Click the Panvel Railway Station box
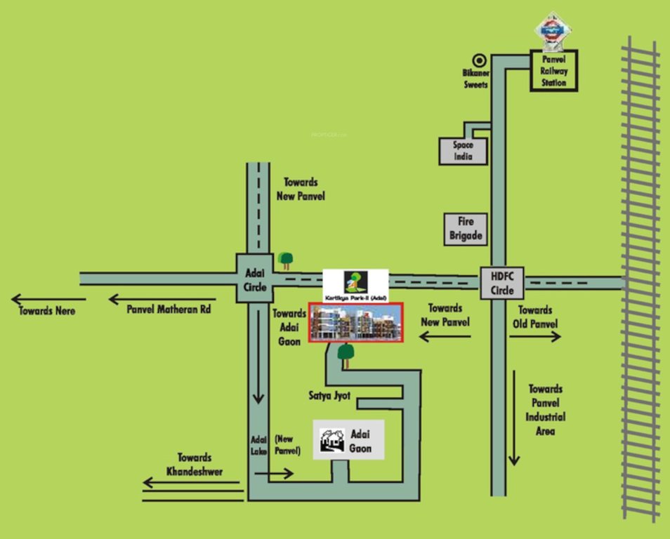click(553, 71)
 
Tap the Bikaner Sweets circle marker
click(480, 61)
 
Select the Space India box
click(464, 151)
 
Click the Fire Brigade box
click(466, 229)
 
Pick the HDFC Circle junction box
click(501, 283)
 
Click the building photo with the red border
click(356, 323)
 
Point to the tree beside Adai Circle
click(285, 260)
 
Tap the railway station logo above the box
click(553, 30)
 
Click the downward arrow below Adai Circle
click(258, 368)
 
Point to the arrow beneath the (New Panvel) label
click(274, 474)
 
